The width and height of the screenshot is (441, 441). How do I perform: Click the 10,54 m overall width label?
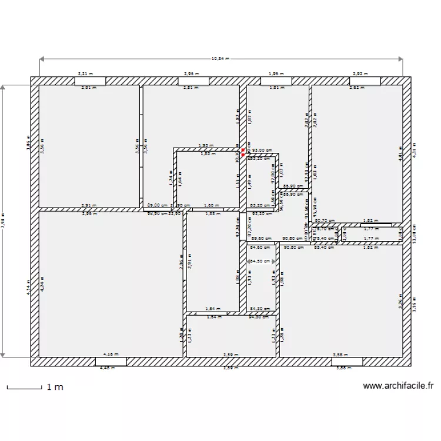pyautogui.click(x=220, y=59)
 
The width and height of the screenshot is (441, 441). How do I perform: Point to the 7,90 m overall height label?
pyautogui.click(x=4, y=221)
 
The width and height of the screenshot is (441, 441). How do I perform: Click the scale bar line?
pyautogui.click(x=24, y=387)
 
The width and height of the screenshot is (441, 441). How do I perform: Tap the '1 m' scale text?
pyautogui.click(x=55, y=387)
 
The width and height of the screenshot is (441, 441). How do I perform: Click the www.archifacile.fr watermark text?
pyautogui.click(x=398, y=386)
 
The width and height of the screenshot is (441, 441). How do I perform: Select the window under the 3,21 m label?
pyautogui.click(x=90, y=81)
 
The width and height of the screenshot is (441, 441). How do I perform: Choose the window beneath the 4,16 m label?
pyautogui.click(x=111, y=361)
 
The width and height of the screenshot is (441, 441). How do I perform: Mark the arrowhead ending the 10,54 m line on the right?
pyautogui.click(x=401, y=59)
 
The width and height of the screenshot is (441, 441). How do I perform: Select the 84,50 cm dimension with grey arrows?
pyautogui.click(x=262, y=261)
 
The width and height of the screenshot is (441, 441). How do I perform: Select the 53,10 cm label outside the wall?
pyautogui.click(x=413, y=233)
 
